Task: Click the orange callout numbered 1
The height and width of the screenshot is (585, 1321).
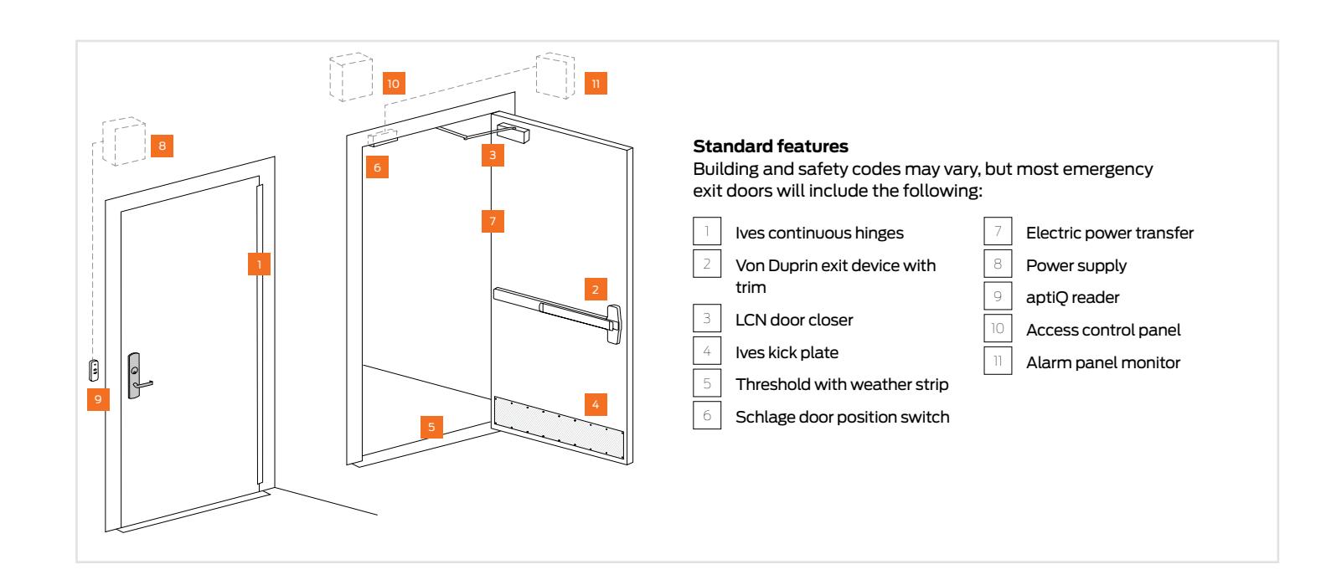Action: coord(261,264)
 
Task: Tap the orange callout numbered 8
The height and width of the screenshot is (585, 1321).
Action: coord(163,146)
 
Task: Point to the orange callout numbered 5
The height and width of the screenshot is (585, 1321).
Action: coord(431,427)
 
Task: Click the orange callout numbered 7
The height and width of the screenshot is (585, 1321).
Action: coord(493,222)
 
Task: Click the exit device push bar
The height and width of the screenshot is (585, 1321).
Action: coord(553,306)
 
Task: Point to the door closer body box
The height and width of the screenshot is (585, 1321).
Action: coord(514,131)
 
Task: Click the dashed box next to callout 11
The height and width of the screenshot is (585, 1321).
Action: coord(555,76)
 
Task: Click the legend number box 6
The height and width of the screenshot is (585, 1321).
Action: coord(705,416)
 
